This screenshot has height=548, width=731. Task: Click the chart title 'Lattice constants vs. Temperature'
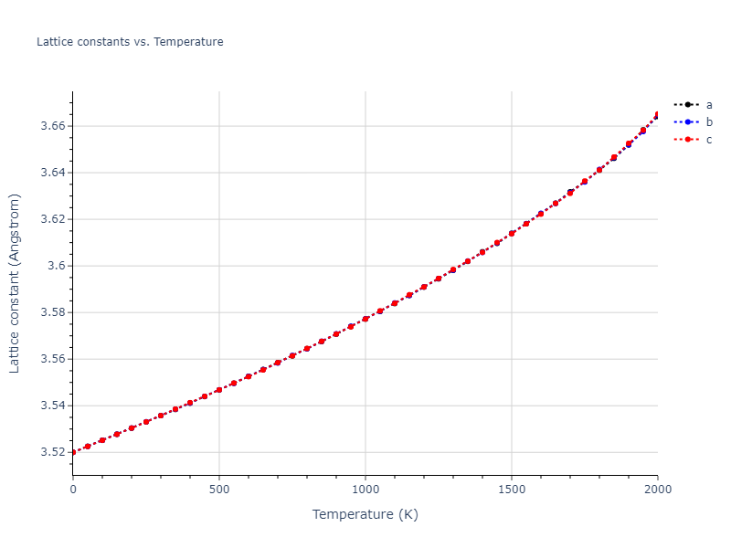130,42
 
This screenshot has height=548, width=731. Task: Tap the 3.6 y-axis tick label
56,266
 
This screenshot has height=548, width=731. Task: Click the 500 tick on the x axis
219,490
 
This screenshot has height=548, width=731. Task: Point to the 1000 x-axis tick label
365,490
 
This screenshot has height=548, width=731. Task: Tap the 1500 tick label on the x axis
512,490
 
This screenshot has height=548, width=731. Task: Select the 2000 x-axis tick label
657,490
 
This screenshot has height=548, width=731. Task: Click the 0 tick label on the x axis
73,490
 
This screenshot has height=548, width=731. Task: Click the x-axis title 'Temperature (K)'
365,514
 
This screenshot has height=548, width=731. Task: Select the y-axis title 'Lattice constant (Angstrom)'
15,284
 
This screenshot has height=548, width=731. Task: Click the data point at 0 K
73,452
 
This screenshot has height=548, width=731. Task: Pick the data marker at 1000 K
365,319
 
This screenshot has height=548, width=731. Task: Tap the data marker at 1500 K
512,233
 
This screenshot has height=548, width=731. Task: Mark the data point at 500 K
219,390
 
